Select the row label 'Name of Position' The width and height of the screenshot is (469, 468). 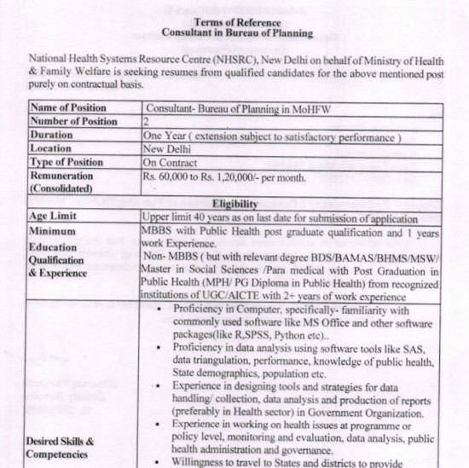pos(68,108)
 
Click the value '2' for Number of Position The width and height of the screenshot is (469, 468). pos(148,121)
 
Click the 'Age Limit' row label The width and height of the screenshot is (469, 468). pos(55,217)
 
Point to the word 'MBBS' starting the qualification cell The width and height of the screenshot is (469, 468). pos(162,230)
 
